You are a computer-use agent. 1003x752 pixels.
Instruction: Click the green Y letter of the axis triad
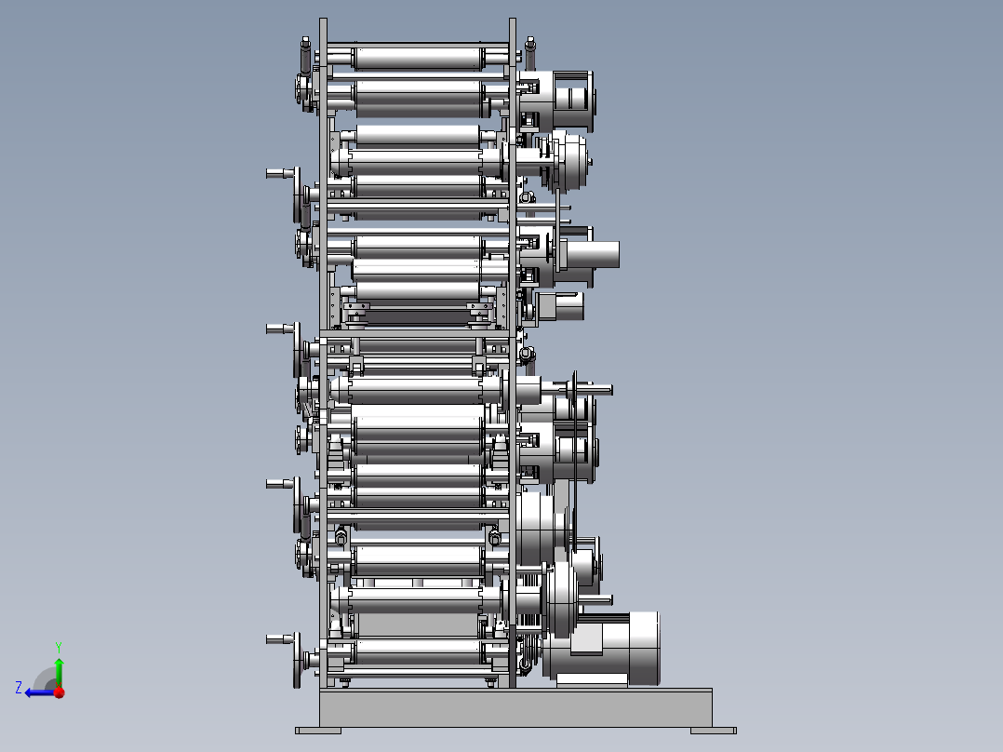pos(59,647)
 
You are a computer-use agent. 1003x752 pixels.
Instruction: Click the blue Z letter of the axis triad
pos(19,688)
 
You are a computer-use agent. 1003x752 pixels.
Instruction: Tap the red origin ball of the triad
pos(60,692)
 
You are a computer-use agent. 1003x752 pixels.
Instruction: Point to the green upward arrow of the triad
pos(59,671)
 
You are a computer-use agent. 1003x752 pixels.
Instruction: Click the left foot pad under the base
pos(318,731)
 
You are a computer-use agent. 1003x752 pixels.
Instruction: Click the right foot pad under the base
pos(714,731)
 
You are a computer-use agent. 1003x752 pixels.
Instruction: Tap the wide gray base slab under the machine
pos(515,708)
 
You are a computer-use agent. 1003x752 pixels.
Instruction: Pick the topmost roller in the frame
pos(418,59)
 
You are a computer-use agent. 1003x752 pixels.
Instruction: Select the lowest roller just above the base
pos(418,651)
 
